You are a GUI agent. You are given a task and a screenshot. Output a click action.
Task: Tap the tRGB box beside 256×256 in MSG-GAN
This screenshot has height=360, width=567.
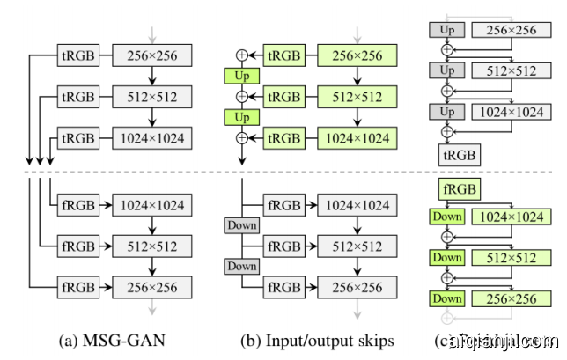(x=76, y=57)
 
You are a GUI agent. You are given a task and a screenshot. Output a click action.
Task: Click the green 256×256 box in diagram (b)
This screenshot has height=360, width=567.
(x=357, y=56)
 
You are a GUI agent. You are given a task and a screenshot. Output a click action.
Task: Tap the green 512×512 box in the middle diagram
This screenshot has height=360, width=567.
(x=357, y=97)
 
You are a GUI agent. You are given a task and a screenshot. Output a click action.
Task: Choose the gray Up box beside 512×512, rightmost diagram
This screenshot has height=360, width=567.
(x=445, y=70)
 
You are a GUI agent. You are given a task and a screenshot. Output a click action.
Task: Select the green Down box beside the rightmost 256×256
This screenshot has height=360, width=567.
(x=446, y=299)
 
